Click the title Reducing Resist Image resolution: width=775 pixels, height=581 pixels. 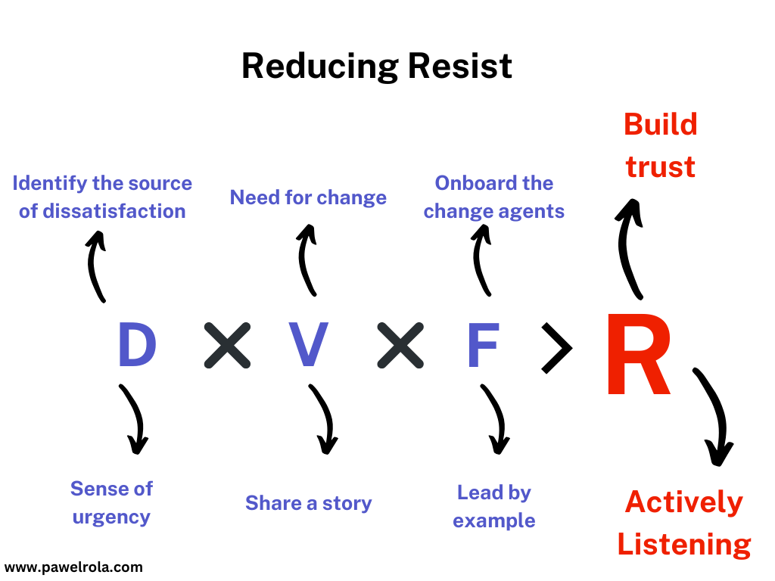(376, 67)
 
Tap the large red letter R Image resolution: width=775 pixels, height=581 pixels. (638, 357)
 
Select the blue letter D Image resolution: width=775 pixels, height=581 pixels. (137, 346)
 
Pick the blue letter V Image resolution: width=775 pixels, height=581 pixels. (309, 346)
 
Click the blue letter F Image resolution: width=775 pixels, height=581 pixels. (483, 346)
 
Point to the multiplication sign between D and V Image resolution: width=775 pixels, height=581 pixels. (227, 346)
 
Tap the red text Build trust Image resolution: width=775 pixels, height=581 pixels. (660, 145)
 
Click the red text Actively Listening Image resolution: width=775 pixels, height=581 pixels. (684, 523)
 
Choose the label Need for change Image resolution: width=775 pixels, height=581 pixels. (308, 197)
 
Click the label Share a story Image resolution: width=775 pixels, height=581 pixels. (309, 503)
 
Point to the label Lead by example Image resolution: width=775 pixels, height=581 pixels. (494, 506)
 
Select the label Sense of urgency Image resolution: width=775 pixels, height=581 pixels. (111, 502)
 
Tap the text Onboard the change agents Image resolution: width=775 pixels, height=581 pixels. (494, 197)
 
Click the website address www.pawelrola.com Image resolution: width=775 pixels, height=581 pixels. (73, 566)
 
